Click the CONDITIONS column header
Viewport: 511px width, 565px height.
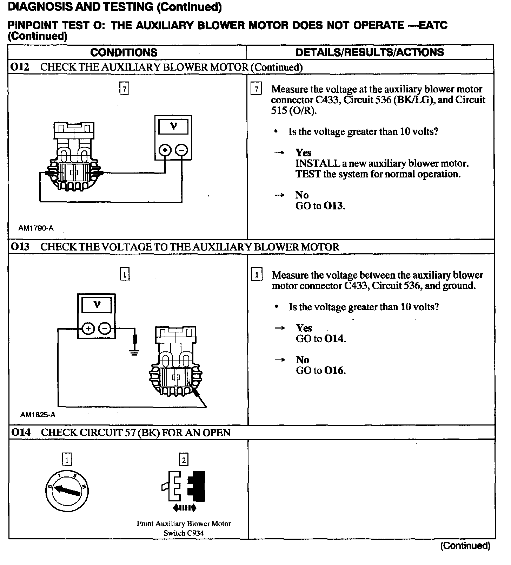124,52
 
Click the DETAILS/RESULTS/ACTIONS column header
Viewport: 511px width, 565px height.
370,52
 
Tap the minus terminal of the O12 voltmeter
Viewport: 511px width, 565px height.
181,150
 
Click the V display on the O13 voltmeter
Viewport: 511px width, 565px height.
97,305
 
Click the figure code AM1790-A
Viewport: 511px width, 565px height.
36,228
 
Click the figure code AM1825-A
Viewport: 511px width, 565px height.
38,415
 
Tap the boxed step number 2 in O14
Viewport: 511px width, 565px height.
184,460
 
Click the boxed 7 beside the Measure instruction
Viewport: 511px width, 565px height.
256,89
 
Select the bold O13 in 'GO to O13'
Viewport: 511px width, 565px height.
333,206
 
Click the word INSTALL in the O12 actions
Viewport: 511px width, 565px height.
318,163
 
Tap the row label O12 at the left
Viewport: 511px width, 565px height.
20,67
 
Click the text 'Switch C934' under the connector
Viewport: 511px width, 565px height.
184,533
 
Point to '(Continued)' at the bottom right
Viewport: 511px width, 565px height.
465,546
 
